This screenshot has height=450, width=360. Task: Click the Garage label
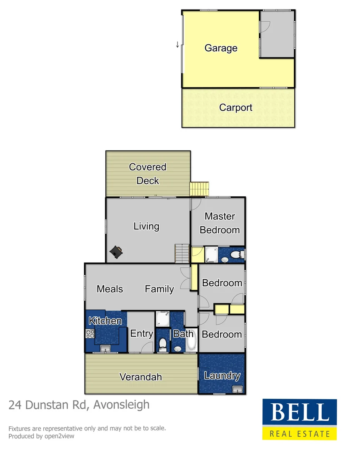(x=221, y=48)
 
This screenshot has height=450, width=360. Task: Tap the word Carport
(x=235, y=107)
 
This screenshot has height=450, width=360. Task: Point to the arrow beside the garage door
(x=177, y=44)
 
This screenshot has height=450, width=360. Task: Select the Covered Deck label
(x=147, y=174)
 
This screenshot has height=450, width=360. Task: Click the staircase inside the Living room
(x=182, y=253)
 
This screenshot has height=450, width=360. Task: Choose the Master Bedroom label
(x=220, y=223)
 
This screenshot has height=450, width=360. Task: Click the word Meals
(x=110, y=289)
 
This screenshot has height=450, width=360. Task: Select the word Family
(x=159, y=289)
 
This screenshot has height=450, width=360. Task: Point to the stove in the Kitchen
(x=90, y=333)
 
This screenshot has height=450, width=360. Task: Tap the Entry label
(x=142, y=333)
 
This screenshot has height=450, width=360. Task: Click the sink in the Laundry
(x=237, y=390)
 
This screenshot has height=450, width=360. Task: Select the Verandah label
(x=140, y=377)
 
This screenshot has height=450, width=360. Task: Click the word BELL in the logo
(x=299, y=412)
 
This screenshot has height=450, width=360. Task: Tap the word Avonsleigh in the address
(x=121, y=405)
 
